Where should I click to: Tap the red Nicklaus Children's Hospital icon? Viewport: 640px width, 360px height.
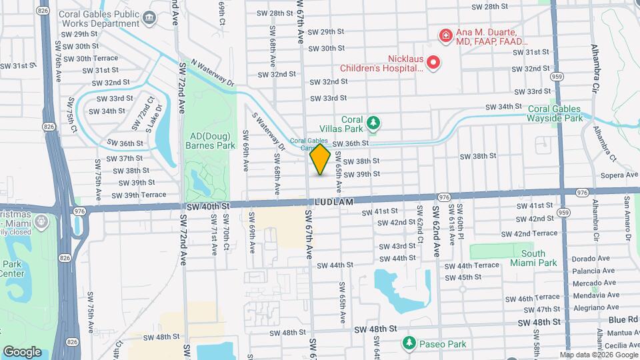pos(433,63)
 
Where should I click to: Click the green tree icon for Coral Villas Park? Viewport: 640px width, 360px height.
pos(374,122)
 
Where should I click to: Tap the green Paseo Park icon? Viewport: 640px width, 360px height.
pos(409,343)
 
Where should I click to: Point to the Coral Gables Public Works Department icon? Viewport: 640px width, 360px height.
pos(151,18)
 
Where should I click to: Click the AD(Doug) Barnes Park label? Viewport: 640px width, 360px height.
pos(213,139)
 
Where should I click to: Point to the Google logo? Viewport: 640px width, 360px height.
pos(22,351)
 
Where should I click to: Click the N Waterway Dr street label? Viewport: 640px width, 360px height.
pos(213,73)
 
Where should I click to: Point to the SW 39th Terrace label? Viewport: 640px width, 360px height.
pos(139,195)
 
